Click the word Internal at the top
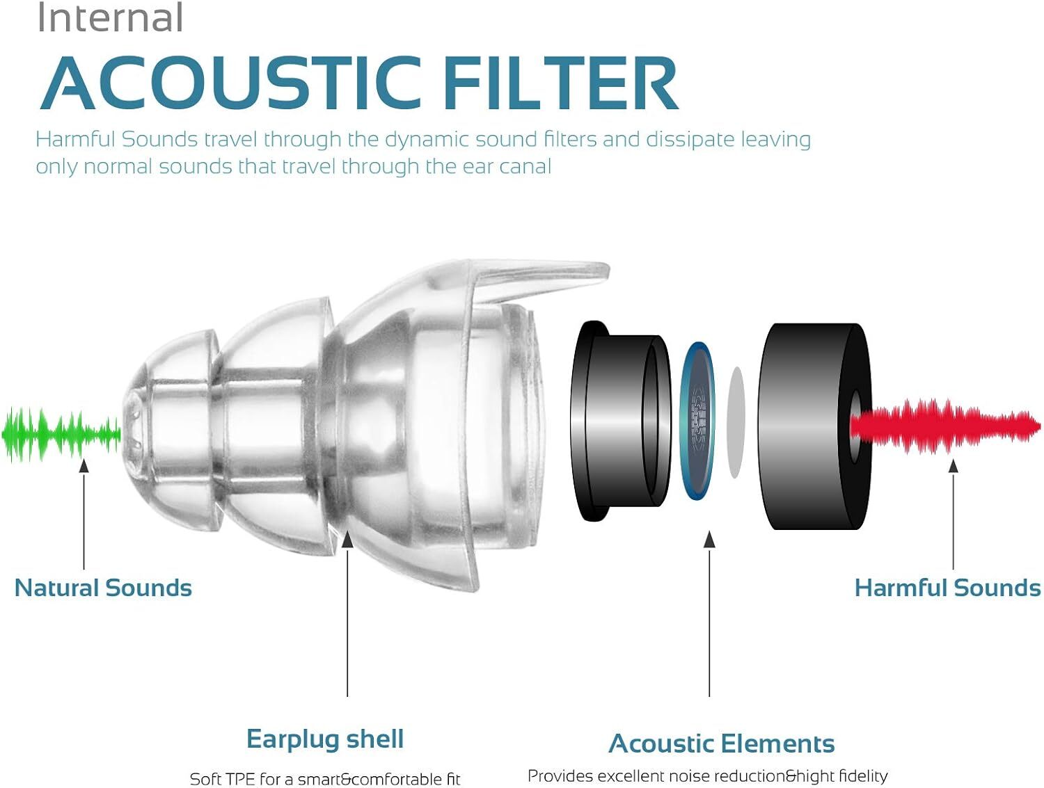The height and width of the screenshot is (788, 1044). point(110,18)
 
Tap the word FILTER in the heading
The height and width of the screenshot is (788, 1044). point(560,83)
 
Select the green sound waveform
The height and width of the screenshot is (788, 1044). point(61,435)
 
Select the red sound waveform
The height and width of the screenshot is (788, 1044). point(947,426)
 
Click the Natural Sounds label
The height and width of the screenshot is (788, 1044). point(103,588)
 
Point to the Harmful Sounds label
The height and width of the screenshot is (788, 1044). point(947,588)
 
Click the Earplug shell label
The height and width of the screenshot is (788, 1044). point(325,739)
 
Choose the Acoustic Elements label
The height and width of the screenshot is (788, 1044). point(722,743)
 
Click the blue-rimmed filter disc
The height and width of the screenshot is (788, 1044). point(698,420)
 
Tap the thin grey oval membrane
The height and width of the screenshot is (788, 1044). point(736,422)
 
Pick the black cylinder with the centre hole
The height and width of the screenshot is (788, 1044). point(814,426)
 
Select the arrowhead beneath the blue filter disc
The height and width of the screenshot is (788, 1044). point(709,540)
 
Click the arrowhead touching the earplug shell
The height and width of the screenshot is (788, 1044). point(347,540)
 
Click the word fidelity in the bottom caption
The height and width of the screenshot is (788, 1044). point(863,776)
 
